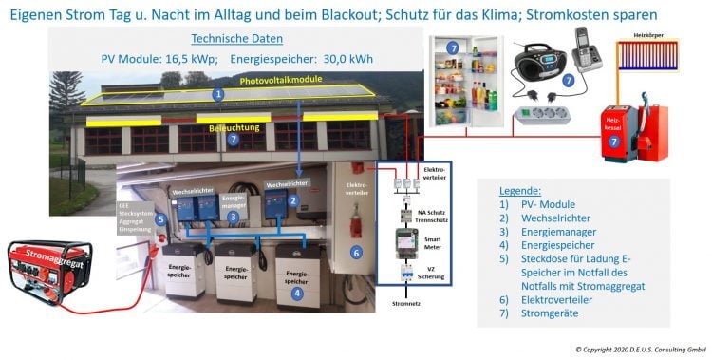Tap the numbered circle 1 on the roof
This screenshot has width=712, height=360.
(x=218, y=94)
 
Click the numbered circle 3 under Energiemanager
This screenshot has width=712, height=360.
(x=232, y=217)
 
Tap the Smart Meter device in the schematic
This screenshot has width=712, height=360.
(x=405, y=243)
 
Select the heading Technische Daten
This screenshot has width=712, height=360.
(x=235, y=39)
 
